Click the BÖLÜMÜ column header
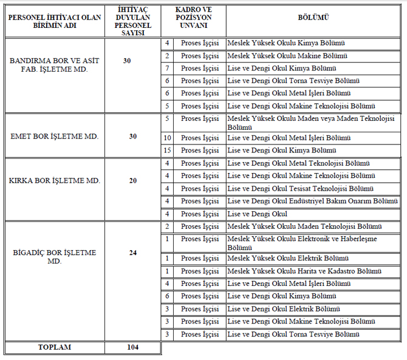[x=313, y=18]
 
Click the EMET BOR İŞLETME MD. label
[x=55, y=136]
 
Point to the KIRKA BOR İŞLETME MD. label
[x=55, y=180]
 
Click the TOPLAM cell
[x=55, y=347]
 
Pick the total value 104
[x=132, y=347]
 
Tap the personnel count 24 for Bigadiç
[x=132, y=253]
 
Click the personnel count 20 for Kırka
[x=132, y=180]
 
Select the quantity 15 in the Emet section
[x=168, y=150]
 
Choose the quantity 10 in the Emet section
[x=168, y=138]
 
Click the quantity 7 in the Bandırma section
[x=168, y=68]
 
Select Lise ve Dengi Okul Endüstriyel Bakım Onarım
[x=312, y=201]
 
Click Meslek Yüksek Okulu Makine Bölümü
[x=286, y=56]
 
